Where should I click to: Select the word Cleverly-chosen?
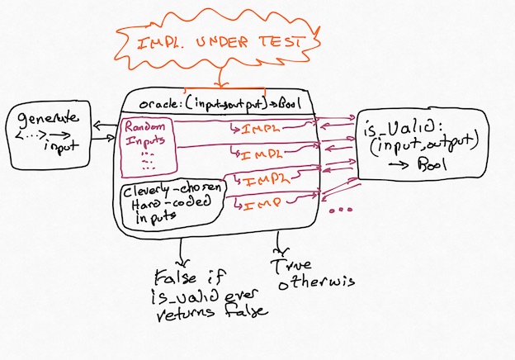point(166,192)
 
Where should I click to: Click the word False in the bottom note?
point(172,276)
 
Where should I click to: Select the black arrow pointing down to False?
point(183,249)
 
